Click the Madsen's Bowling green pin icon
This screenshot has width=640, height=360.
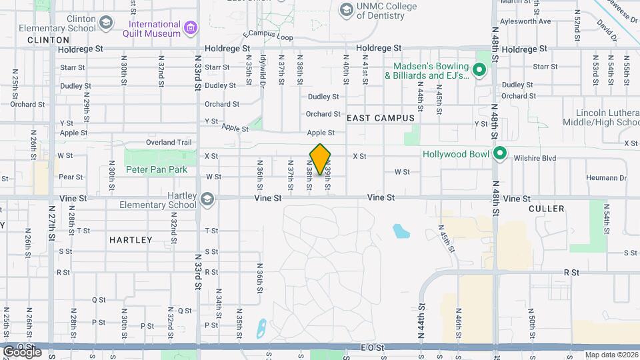(479, 70)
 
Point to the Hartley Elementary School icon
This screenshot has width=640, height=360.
(207, 199)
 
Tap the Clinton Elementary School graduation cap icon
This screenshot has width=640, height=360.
(105, 23)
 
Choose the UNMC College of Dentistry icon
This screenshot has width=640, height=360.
(346, 9)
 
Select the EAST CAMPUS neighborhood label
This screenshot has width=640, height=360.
(381, 117)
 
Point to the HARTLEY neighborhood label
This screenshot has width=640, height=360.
(130, 239)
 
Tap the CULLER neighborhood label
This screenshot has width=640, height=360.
(546, 209)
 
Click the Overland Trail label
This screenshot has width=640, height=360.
(169, 142)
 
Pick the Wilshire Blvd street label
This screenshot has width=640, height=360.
(535, 158)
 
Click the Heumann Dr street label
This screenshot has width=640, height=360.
(607, 177)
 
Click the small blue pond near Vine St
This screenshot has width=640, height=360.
(401, 231)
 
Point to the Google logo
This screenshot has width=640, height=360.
(21, 351)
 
